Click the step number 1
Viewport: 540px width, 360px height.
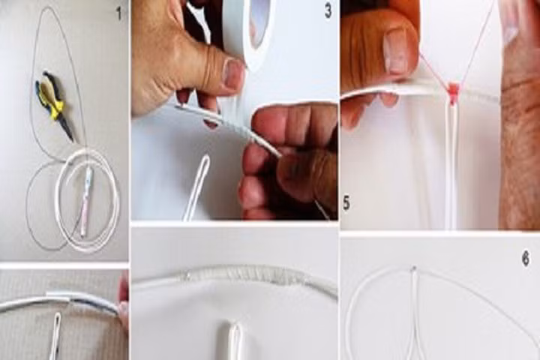click(x=119, y=14)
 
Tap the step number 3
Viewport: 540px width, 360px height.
click(x=328, y=12)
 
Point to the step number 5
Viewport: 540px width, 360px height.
click(x=346, y=202)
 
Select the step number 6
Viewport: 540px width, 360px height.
click(x=526, y=259)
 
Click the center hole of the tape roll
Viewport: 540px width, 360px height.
click(x=260, y=24)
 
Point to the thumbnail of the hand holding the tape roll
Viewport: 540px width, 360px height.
click(x=233, y=73)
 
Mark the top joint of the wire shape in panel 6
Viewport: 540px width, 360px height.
click(x=414, y=268)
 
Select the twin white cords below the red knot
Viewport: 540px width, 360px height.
click(x=452, y=165)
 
